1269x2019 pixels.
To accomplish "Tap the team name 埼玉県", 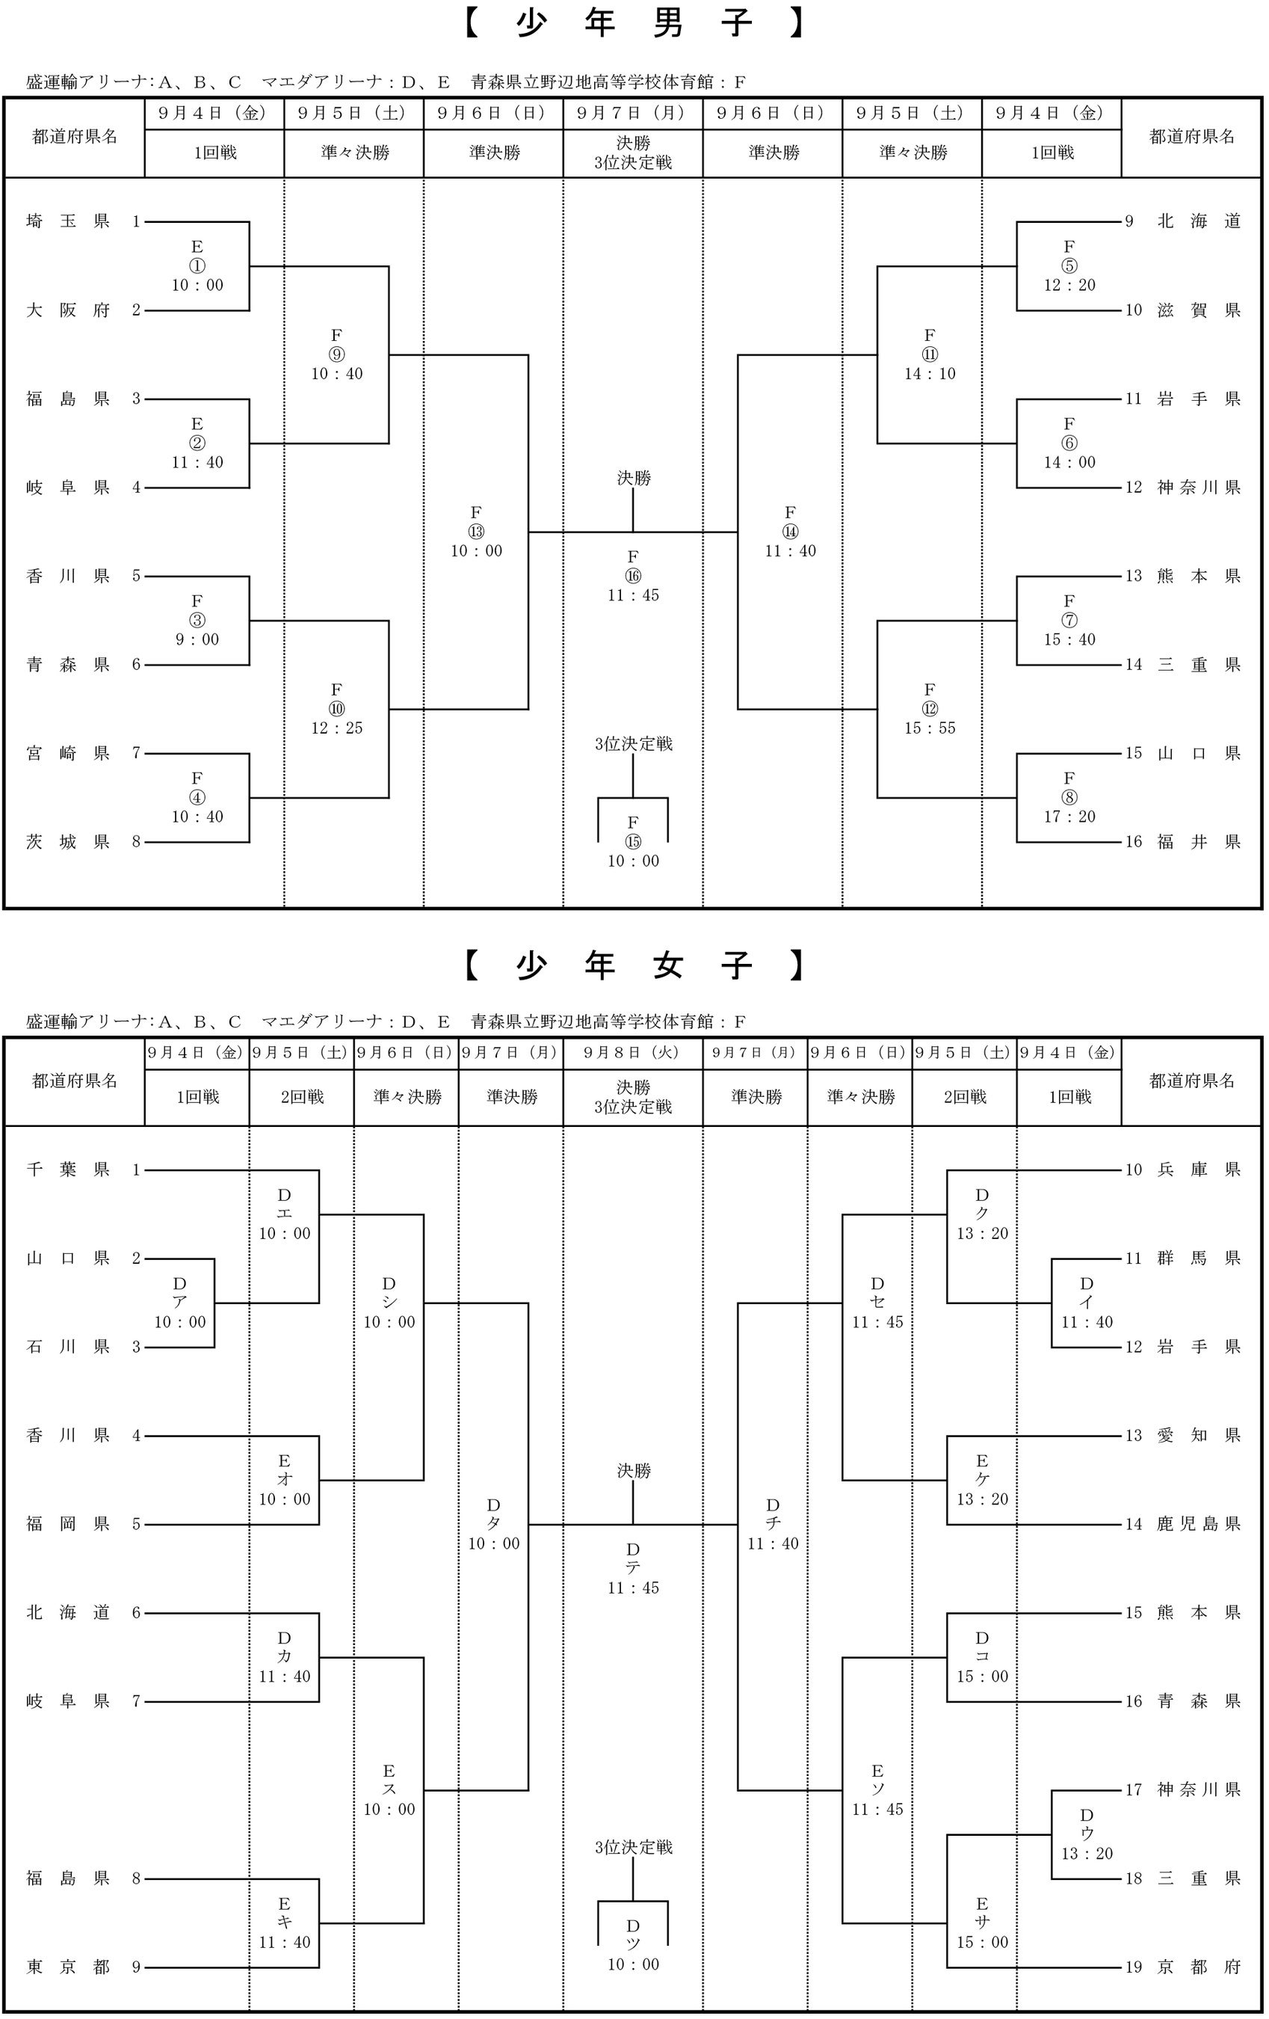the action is [68, 221].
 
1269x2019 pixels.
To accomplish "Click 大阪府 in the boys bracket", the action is [68, 310].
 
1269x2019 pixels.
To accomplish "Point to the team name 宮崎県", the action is [68, 753].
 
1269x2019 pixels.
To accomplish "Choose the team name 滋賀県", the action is [1199, 310].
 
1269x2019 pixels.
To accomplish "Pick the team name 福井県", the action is [1199, 842].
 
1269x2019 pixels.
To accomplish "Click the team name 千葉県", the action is [68, 1170].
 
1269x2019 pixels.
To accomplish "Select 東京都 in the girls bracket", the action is [68, 1967].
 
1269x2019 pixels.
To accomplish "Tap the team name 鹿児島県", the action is [1199, 1524].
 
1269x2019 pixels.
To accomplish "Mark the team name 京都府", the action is [1199, 1967].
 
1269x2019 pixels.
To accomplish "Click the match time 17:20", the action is [1069, 817].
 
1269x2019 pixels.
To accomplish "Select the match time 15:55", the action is [930, 728].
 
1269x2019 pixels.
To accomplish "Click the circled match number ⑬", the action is [476, 532].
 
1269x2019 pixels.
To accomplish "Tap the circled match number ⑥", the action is [1069, 443].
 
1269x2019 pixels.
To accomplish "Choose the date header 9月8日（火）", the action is [633, 1052].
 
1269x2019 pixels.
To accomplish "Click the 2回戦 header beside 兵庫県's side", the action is [965, 1097].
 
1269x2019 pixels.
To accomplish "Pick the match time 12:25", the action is [337, 728].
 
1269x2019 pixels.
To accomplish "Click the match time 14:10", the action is [930, 374].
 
